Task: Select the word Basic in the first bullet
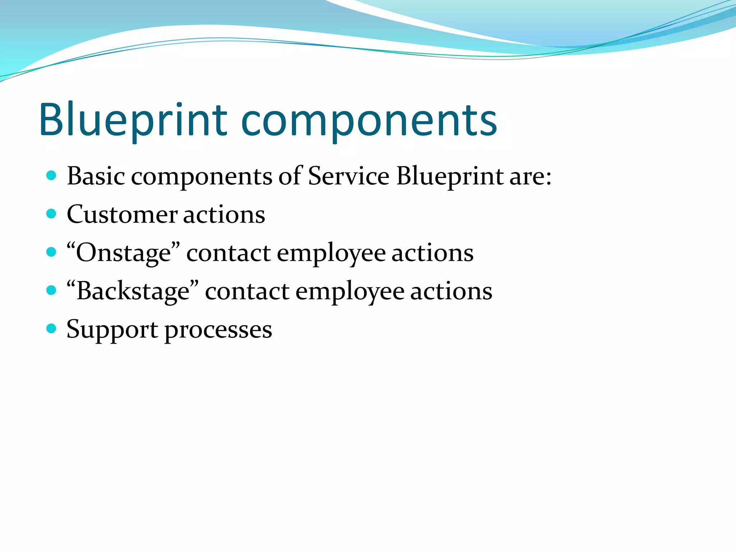[x=96, y=176]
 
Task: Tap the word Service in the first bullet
[x=349, y=176]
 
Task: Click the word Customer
[x=122, y=215]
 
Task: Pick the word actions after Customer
[x=224, y=215]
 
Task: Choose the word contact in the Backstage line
[x=247, y=291]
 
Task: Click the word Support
[x=112, y=330]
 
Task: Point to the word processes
[x=218, y=330]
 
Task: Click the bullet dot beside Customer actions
[x=52, y=214]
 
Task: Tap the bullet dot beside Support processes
[x=52, y=328]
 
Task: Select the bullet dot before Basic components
[x=52, y=175]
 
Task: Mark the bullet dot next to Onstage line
[x=52, y=252]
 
